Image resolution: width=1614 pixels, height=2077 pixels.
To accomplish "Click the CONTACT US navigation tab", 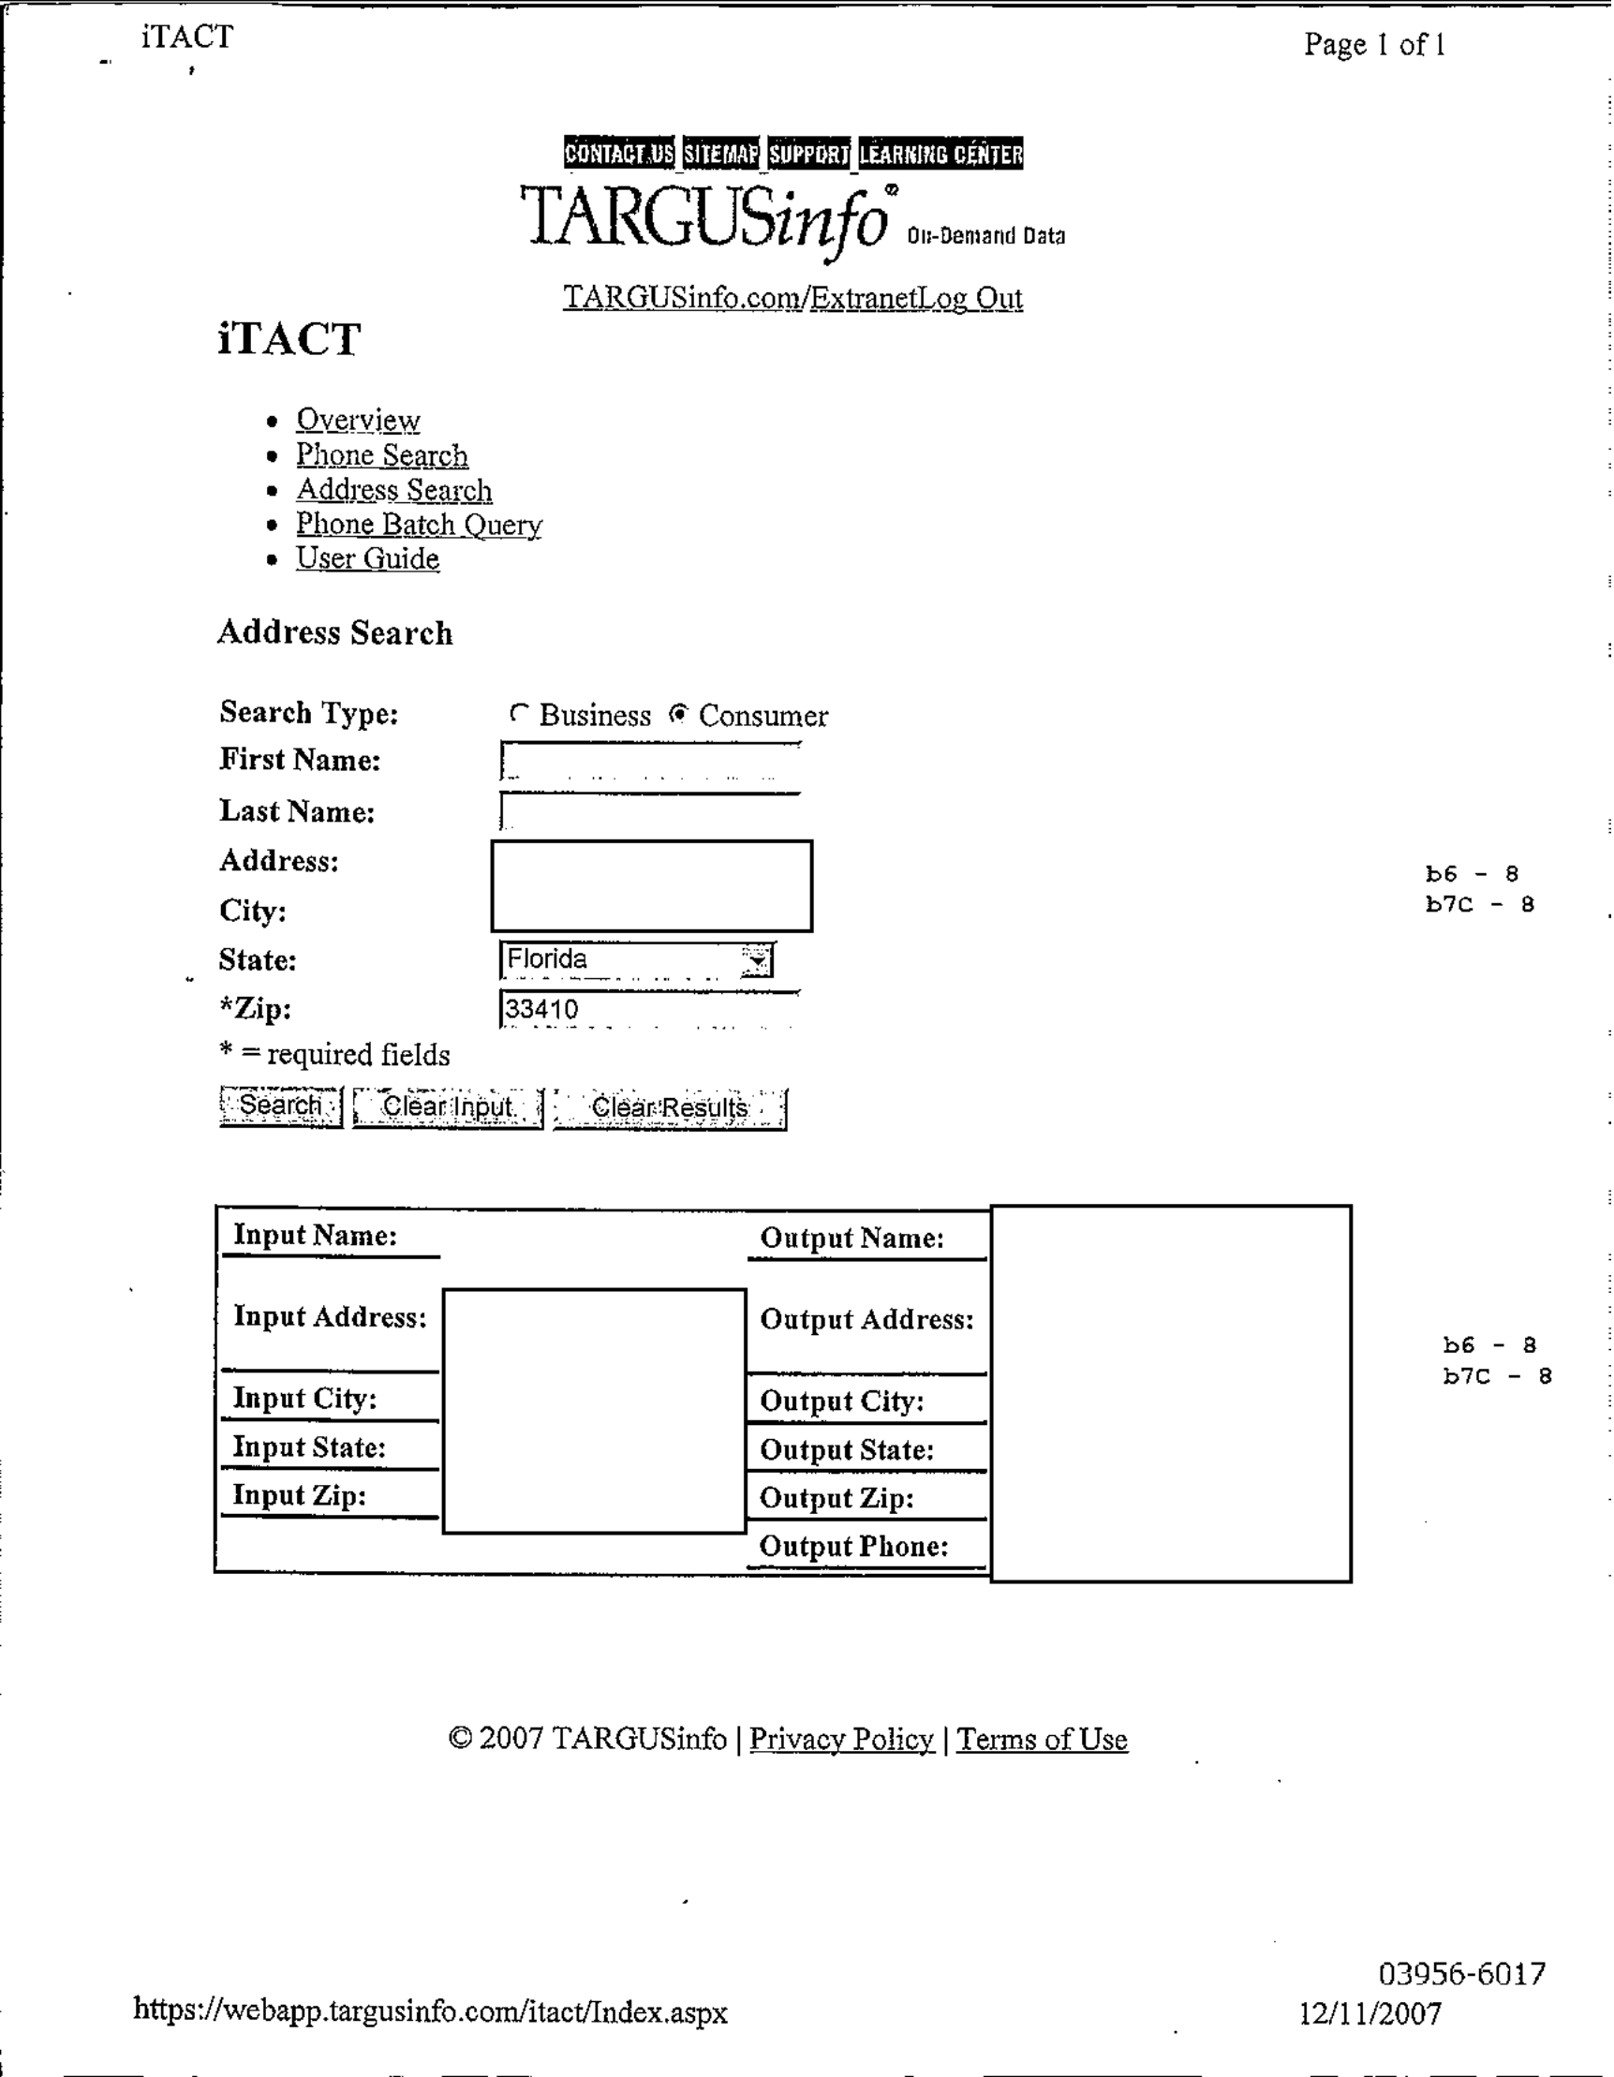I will coord(618,153).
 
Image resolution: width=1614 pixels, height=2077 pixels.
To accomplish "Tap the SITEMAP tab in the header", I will coord(721,153).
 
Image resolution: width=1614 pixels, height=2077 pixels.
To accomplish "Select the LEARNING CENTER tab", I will coord(940,153).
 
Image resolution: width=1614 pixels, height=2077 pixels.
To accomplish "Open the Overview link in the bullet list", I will coord(358,420).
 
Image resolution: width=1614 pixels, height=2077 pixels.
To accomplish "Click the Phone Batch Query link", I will coord(419,524).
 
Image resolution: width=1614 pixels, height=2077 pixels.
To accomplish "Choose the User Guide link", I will coord(367,558).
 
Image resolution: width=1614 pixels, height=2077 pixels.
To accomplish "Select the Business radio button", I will coord(518,712).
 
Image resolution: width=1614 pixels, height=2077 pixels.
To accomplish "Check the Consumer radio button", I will coord(678,713).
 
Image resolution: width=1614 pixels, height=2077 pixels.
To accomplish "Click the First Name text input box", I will coord(649,762).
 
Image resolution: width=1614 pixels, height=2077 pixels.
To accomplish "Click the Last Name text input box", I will coord(649,812).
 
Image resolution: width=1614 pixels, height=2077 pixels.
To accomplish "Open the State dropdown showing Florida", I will coord(637,959).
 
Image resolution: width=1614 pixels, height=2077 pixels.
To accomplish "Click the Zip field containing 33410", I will coord(649,1009).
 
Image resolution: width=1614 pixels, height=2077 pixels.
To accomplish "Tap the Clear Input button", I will coord(447,1107).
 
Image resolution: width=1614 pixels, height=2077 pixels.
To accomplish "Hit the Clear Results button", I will coord(670,1108).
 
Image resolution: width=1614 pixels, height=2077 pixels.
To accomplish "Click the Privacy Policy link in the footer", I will coord(841,1740).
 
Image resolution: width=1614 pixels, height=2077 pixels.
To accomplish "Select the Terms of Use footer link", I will coord(1042,1740).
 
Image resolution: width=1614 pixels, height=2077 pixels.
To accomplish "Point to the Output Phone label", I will coord(853,1547).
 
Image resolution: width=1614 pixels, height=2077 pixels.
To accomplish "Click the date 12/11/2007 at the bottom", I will coord(1370,2013).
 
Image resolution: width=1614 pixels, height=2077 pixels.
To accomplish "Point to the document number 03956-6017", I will coord(1461,1974).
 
